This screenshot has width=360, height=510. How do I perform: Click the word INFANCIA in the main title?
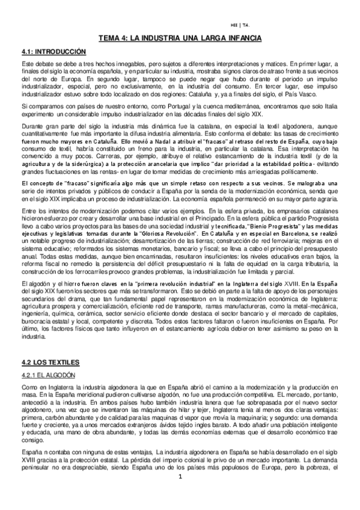click(x=241, y=38)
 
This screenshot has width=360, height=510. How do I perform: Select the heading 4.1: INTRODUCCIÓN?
click(x=54, y=52)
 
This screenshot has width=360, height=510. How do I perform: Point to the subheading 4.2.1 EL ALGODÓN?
click(x=47, y=375)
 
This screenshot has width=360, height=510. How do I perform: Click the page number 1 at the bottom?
click(x=180, y=494)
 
